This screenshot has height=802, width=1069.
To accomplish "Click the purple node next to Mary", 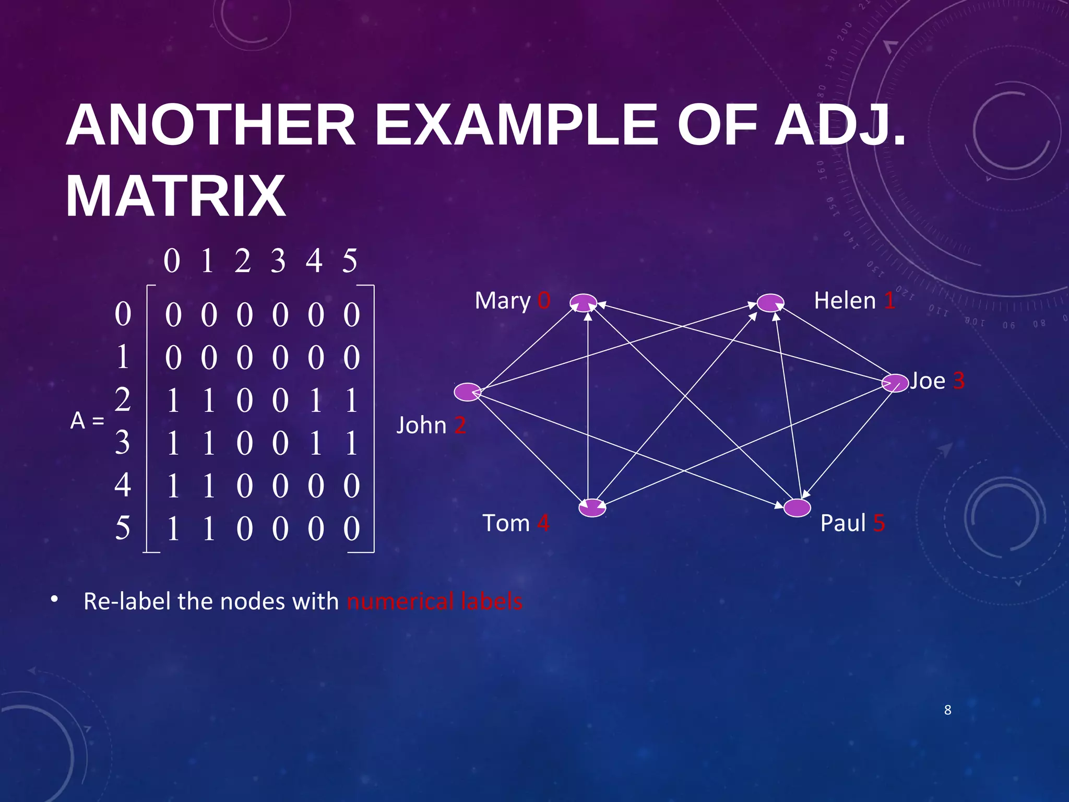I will pos(583,302).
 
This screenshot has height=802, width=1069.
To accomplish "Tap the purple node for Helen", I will pos(770,302).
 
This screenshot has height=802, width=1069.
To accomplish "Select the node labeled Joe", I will pos(895,383).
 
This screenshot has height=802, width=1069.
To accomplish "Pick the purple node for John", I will pos(467,392).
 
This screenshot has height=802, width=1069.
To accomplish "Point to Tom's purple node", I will pos(592,508).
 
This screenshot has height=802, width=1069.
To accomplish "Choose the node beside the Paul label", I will pos(797,508).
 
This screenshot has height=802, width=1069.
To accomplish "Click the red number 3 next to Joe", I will pos(958,381).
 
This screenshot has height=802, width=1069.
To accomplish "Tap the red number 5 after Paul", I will pos(879,523).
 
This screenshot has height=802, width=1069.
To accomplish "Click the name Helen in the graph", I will pos(845,301).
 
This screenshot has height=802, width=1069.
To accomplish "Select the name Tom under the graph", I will pos(506,523).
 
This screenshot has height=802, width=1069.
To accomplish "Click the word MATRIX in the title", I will pos(176,196).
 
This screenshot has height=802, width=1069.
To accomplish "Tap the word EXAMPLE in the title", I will pos(517,125).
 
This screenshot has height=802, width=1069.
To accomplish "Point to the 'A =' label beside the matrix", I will pos(87,420).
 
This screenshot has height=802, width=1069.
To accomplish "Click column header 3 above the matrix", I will pos(278,261).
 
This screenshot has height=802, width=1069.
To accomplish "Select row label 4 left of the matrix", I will pos(123,485).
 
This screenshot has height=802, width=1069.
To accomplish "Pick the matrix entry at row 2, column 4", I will pos(315,401).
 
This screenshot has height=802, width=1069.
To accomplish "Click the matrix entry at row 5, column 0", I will pos(173,528).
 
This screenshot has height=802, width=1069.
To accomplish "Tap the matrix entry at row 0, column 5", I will pos(351,315).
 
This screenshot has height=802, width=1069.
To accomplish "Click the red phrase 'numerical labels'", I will pos(434,601).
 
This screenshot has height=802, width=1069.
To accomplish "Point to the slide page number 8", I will pos(947,710).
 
